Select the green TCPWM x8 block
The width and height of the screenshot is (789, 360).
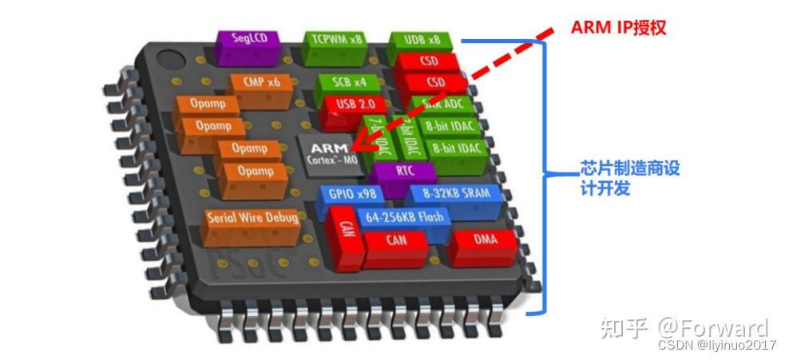pyautogui.click(x=335, y=40)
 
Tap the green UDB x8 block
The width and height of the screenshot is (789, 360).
pyautogui.click(x=418, y=40)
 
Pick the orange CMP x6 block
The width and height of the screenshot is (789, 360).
pyautogui.click(x=260, y=82)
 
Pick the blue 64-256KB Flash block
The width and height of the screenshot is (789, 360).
pyautogui.click(x=404, y=216)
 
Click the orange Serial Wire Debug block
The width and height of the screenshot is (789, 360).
pyautogui.click(x=252, y=218)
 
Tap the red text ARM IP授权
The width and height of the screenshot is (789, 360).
pyautogui.click(x=618, y=27)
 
